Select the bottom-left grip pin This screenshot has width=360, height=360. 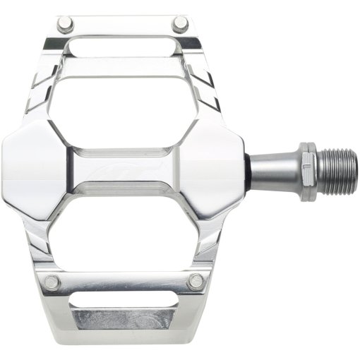point(51,282)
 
